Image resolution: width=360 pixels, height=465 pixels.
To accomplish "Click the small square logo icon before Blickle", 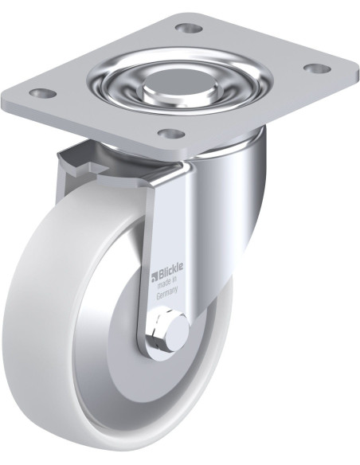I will [x=155, y=275].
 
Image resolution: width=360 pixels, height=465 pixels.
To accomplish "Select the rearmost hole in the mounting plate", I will [x=187, y=29].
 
